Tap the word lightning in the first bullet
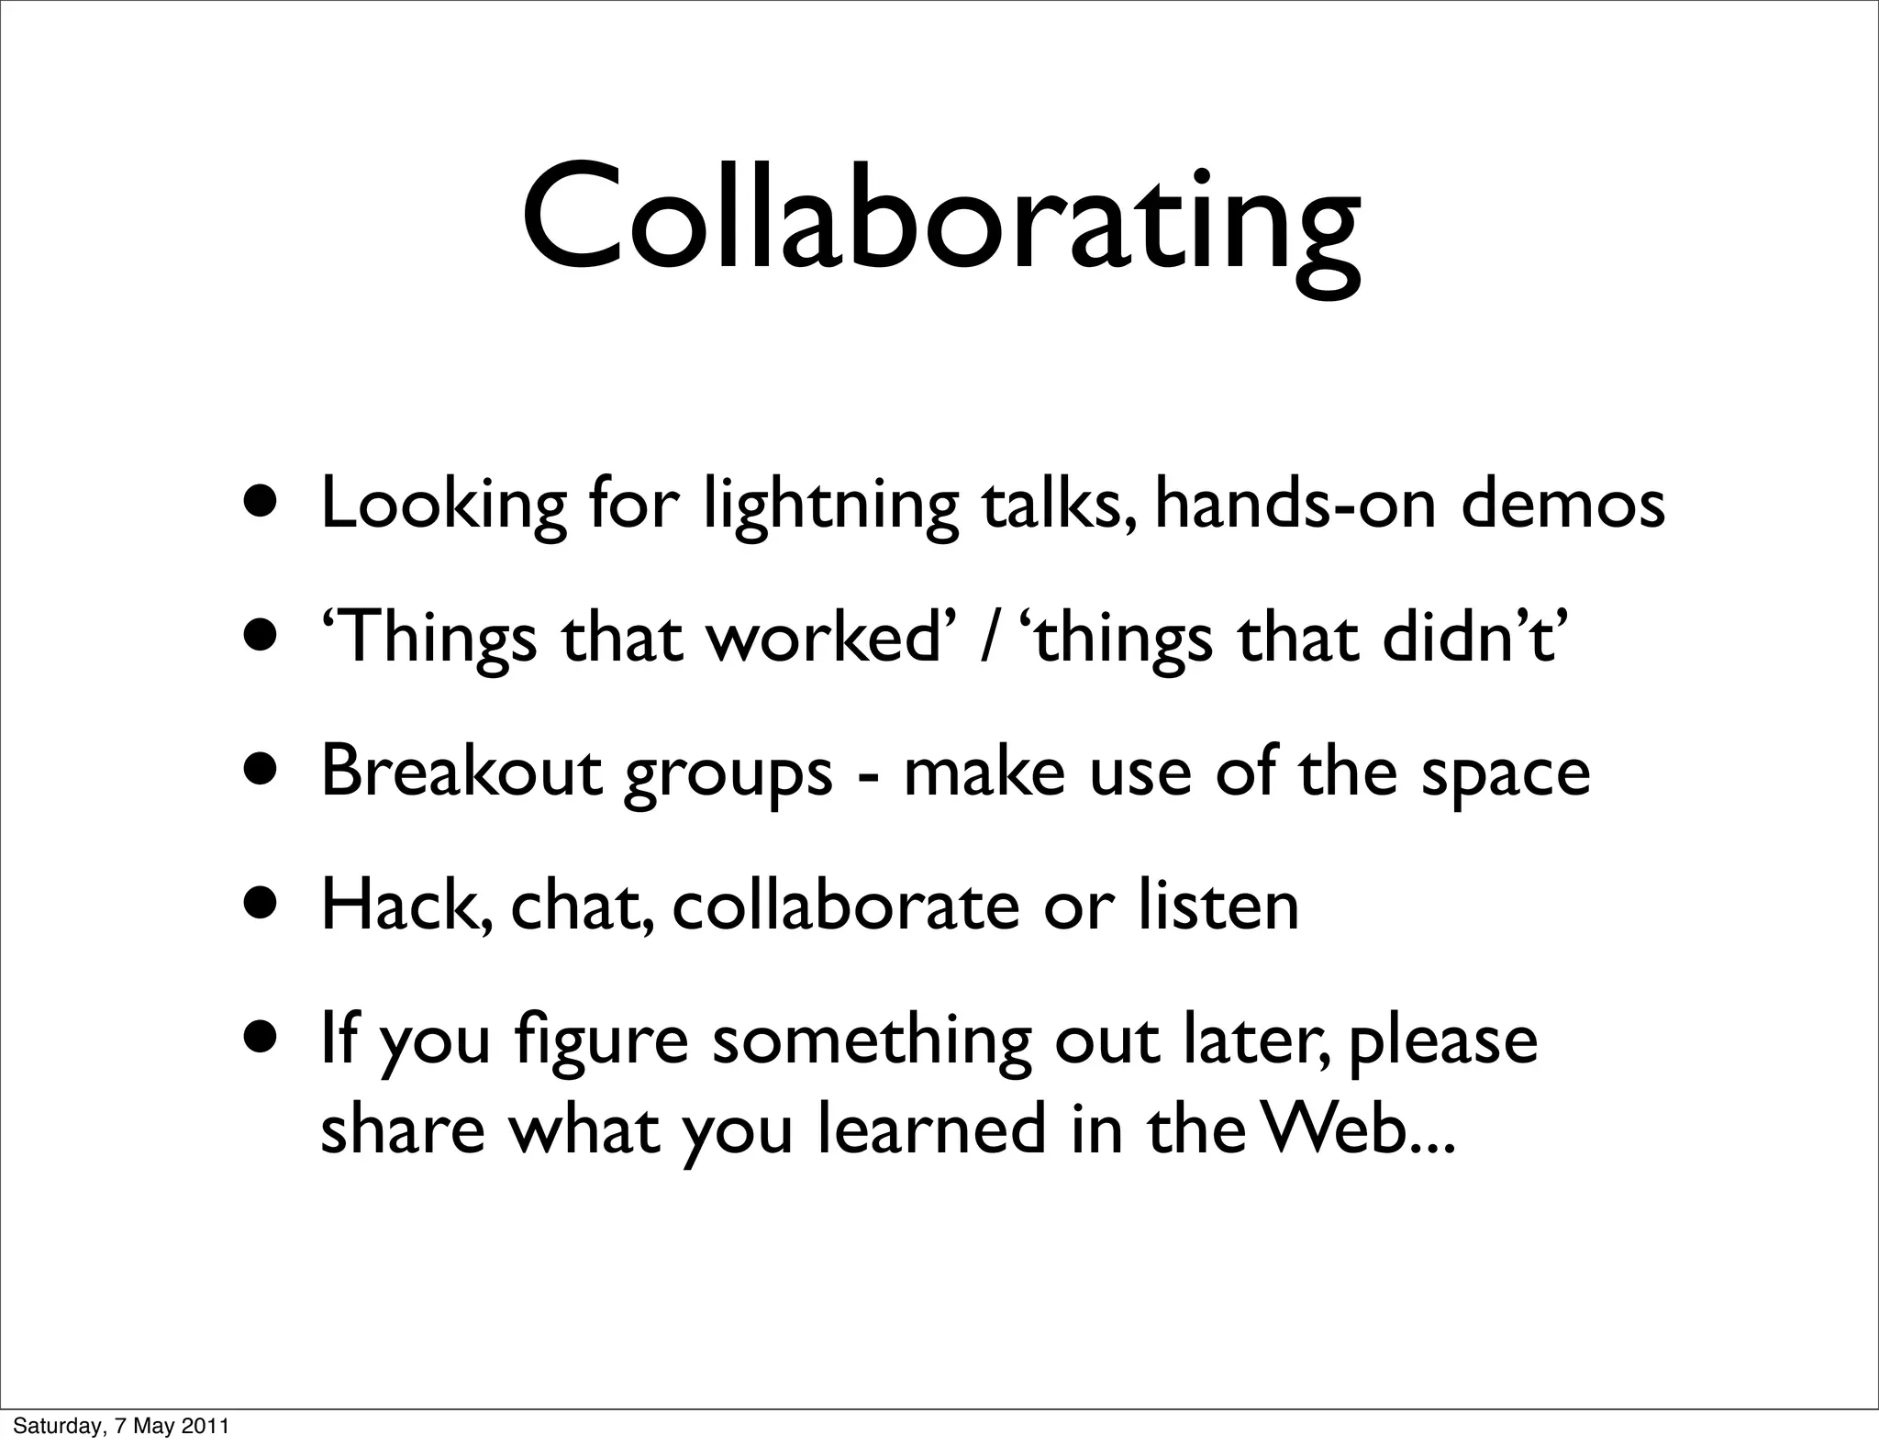(831, 506)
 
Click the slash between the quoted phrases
(988, 640)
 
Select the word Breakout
(461, 772)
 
